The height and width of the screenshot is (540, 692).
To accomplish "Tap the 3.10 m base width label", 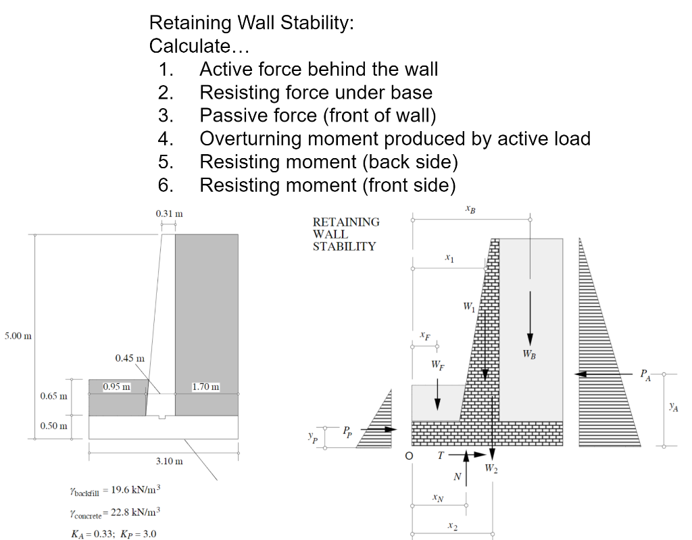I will point(168,461).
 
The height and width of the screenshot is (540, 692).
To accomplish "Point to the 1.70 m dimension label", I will point(206,387).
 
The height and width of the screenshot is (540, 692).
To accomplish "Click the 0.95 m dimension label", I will point(116,387).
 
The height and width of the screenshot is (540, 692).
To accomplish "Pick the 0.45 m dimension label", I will point(129,358).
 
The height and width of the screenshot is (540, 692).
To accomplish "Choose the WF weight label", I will point(437,366).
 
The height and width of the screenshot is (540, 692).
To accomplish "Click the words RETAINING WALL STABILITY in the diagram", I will point(346,234).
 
